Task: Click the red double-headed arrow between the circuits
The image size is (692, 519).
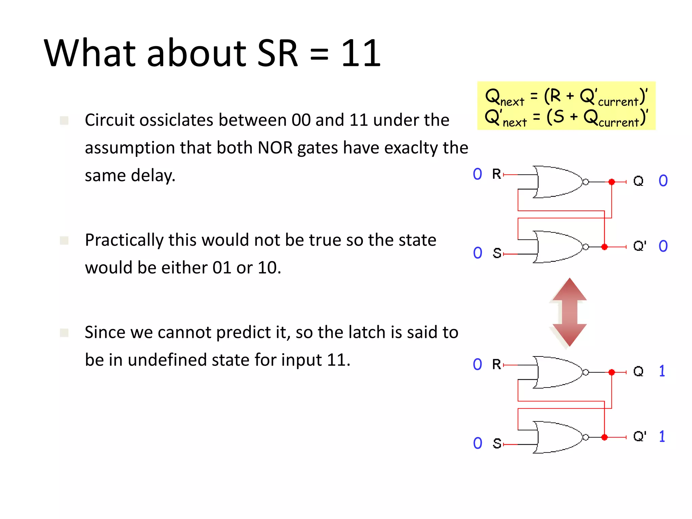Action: tap(569, 312)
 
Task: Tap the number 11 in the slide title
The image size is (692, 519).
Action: tap(361, 53)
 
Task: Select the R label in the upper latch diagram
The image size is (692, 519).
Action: tap(496, 174)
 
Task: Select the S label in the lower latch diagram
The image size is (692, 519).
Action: tap(497, 443)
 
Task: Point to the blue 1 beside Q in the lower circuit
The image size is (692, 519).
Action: tap(662, 371)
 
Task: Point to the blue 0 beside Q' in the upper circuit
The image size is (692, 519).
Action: tap(663, 246)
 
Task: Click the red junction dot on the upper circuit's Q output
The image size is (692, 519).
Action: tap(612, 182)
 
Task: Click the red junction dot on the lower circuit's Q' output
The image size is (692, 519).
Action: tap(604, 437)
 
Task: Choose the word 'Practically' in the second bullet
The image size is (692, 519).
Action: tap(124, 240)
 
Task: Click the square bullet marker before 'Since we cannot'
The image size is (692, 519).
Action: tap(64, 333)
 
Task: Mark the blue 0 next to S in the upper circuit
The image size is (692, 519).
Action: tap(477, 253)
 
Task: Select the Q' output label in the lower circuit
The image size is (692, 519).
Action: tap(639, 436)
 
